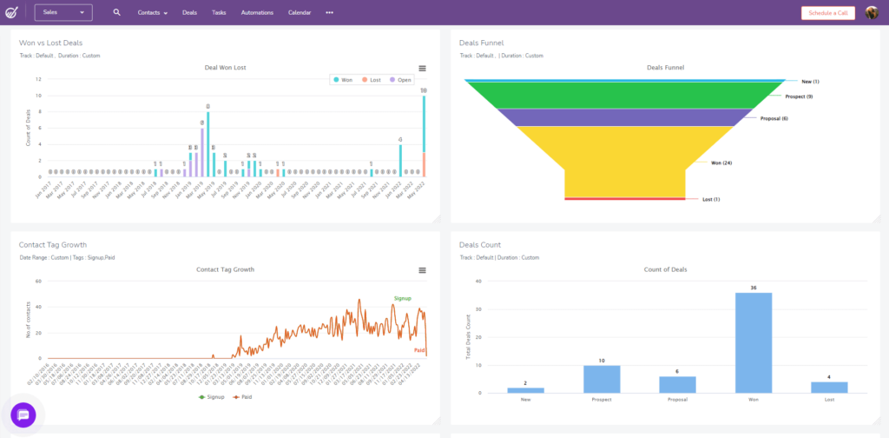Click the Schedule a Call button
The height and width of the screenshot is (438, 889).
(x=827, y=13)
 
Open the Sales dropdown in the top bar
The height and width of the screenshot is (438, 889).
(x=63, y=13)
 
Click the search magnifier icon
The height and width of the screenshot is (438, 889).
(x=117, y=13)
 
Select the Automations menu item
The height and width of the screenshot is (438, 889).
(x=256, y=13)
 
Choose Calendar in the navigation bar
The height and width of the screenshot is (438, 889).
(x=300, y=13)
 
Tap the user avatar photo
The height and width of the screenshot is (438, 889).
(x=872, y=13)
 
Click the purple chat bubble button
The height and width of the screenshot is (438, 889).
(x=23, y=415)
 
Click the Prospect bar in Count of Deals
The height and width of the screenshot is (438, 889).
(x=602, y=378)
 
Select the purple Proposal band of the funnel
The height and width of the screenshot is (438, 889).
(x=621, y=117)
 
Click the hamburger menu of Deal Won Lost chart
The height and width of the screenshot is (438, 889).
(x=422, y=69)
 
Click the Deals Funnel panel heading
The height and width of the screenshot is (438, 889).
(x=481, y=43)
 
